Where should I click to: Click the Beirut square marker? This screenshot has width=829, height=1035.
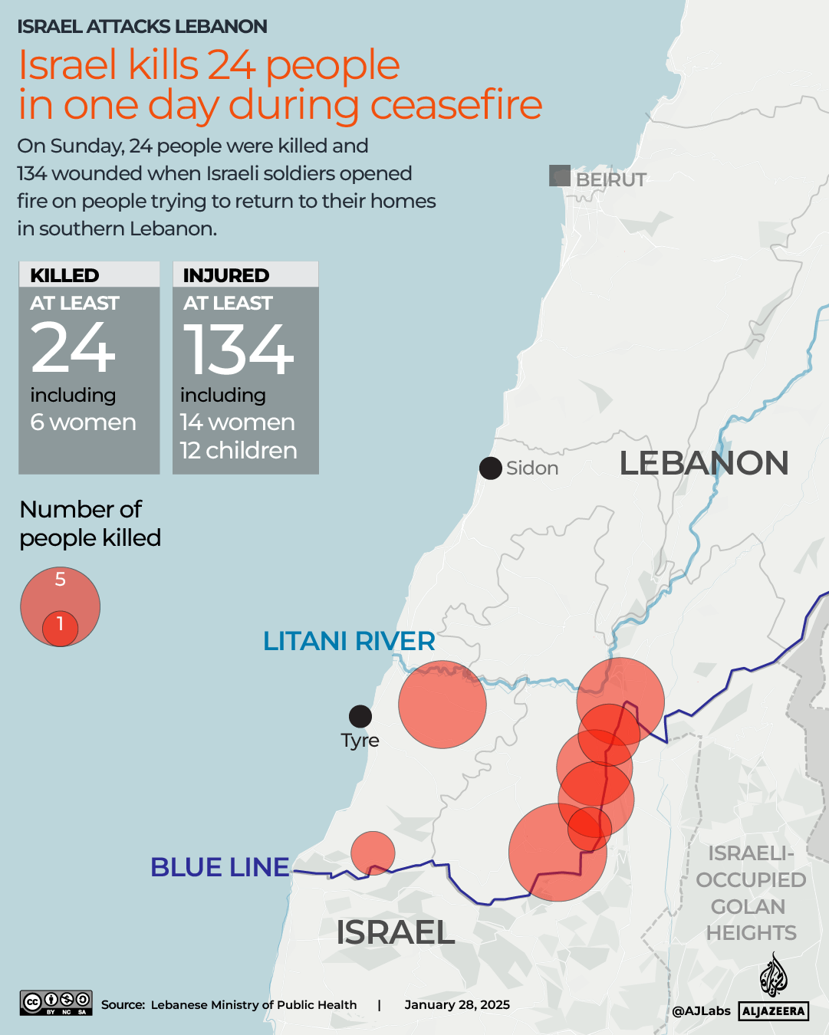[560, 176]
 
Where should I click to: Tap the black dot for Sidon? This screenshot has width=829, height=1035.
[491, 468]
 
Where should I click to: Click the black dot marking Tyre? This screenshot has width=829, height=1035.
[360, 716]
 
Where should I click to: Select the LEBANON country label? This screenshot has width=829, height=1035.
[703, 463]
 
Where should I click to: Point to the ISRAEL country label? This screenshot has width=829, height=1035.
[395, 932]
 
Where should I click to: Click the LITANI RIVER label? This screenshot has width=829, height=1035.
[349, 641]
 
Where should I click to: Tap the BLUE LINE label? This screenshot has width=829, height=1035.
[220, 867]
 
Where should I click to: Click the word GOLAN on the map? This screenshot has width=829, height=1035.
[748, 906]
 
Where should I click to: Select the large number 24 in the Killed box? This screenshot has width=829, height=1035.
[73, 349]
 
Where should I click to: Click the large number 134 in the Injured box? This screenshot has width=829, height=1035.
[238, 350]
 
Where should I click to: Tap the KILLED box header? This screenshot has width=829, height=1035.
[64, 275]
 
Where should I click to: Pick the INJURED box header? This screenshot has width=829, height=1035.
[226, 275]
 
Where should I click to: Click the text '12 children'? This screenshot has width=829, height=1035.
[239, 450]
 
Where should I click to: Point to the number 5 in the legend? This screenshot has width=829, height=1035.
[61, 580]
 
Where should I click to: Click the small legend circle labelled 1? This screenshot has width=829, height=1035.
[60, 628]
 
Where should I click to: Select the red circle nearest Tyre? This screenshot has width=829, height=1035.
[442, 705]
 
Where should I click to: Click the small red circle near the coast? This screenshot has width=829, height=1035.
[373, 853]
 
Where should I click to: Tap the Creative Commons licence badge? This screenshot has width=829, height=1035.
[56, 1003]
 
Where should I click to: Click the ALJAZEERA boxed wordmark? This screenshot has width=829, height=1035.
[774, 1011]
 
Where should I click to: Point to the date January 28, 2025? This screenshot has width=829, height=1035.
[457, 1005]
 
